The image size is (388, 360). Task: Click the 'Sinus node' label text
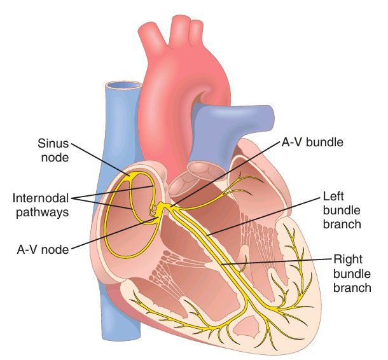pyautogui.click(x=53, y=150)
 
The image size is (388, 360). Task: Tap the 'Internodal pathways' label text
pyautogui.click(x=41, y=205)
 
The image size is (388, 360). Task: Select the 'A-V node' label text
pyautogui.click(x=43, y=250)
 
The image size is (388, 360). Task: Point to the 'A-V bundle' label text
pyautogui.click(x=312, y=142)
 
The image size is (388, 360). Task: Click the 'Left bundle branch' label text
pyautogui.click(x=342, y=211)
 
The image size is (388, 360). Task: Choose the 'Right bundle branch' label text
pyautogui.click(x=352, y=273)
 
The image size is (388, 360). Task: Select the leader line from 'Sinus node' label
pyautogui.click(x=100, y=160)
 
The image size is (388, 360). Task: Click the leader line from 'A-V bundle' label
pyautogui.click(x=224, y=174)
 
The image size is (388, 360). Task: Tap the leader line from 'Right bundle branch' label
pyautogui.click(x=277, y=262)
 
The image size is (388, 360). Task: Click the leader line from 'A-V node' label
pyautogui.click(x=114, y=233)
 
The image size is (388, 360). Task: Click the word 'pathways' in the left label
pyautogui.click(x=43, y=212)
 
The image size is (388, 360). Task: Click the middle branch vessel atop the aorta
pyautogui.click(x=181, y=30)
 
